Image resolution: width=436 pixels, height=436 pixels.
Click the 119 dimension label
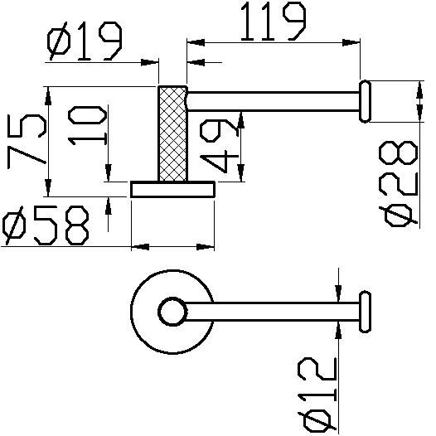point(273,22)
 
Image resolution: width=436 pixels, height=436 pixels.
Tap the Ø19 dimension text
point(85,41)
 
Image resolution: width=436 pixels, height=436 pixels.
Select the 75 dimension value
point(27,142)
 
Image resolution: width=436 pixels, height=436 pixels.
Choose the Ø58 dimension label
point(46,225)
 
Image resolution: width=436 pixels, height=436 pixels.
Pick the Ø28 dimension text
point(399,184)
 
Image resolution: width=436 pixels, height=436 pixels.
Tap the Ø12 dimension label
point(317,395)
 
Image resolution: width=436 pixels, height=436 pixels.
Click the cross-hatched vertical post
point(172,133)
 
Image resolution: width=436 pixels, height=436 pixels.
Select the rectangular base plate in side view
point(172,189)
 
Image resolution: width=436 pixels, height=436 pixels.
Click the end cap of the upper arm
point(365,101)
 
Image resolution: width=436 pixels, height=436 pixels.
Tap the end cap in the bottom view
point(365,312)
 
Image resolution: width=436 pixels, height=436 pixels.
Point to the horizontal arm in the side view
point(273,101)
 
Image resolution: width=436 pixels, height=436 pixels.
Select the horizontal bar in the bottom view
point(272,312)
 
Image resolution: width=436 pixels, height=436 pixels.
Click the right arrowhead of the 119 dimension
point(351,43)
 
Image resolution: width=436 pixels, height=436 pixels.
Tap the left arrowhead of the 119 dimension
point(196,43)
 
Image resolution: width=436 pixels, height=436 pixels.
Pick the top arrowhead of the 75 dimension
point(48,96)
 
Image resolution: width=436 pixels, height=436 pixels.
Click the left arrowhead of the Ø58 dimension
point(140,247)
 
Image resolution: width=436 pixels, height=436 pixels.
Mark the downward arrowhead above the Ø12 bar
point(338,293)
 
